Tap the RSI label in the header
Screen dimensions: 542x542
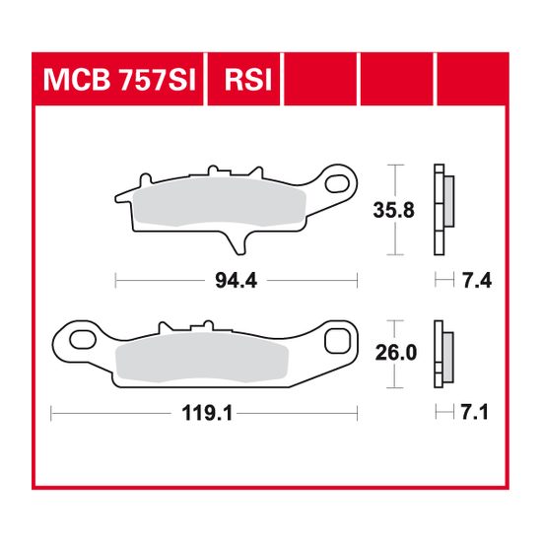point(250,77)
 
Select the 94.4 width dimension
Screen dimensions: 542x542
point(236,280)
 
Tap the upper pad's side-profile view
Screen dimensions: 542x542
point(442,209)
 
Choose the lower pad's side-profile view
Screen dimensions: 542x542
point(442,352)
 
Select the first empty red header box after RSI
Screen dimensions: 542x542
point(321,77)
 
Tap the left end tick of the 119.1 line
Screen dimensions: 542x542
point(51,414)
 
